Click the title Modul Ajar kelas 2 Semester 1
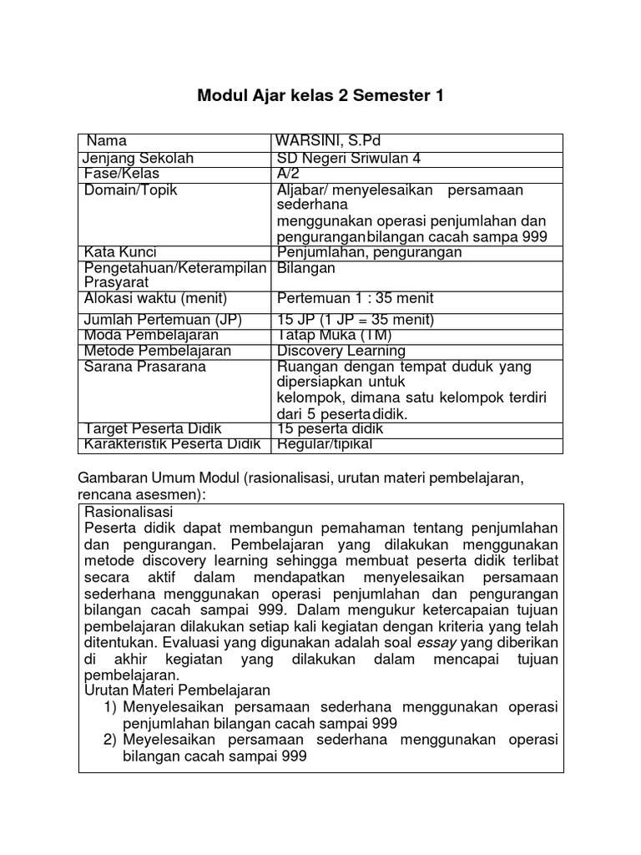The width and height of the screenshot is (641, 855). [x=320, y=96]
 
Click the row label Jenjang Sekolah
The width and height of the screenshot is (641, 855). [x=139, y=159]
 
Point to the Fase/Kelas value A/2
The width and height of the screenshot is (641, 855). [x=288, y=173]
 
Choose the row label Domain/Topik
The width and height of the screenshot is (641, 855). [x=131, y=190]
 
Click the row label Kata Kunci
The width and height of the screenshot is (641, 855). [x=121, y=252]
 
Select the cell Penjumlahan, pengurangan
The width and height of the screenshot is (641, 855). [x=369, y=252]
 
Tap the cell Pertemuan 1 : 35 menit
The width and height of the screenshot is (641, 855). [x=356, y=299]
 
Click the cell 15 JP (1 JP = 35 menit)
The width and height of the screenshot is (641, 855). [x=356, y=320]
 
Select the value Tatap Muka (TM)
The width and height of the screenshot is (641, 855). [x=335, y=335]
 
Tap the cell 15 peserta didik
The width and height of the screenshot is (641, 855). [x=331, y=429]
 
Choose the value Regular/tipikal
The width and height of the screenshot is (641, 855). [x=325, y=444]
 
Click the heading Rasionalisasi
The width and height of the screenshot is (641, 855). [x=129, y=511]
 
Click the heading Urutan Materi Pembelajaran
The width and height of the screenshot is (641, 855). [x=178, y=690]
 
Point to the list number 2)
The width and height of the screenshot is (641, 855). [x=111, y=740]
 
